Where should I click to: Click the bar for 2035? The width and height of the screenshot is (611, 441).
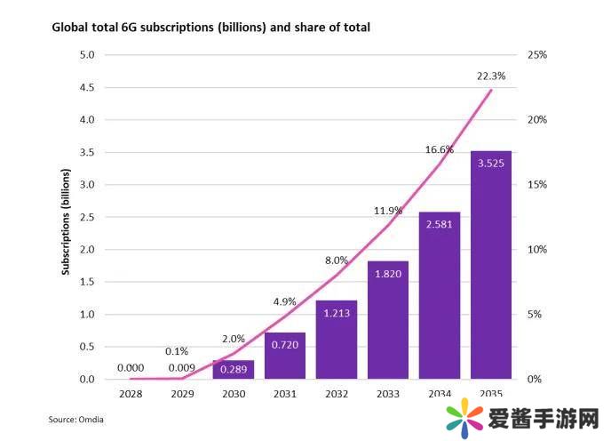pos(491,267)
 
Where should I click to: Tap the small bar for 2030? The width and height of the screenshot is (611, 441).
pos(233,370)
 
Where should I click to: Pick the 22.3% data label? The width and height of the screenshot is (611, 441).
pos(491,76)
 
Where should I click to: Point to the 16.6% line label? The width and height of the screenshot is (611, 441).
pos(440,150)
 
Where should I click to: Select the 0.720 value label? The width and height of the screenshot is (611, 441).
pos(284,343)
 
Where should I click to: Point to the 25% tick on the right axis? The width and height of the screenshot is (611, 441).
pos(537,55)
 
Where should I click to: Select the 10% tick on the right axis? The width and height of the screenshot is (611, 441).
pos(537,250)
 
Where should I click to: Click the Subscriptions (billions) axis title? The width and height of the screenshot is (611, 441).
pos(66,218)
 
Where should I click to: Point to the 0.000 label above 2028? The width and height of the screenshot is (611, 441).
pos(130,367)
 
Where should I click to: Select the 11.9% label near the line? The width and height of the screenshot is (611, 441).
pos(387,212)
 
